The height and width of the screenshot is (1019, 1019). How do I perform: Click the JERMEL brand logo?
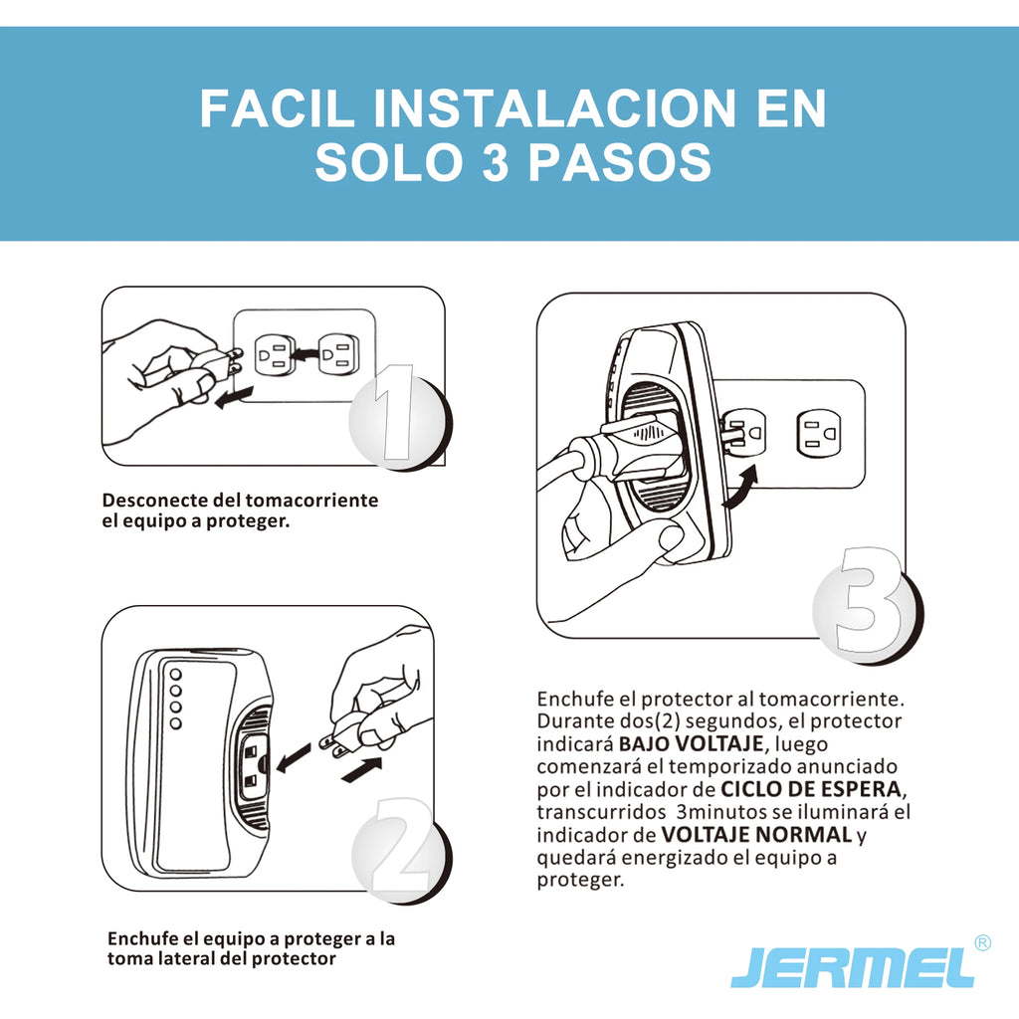click(x=853, y=968)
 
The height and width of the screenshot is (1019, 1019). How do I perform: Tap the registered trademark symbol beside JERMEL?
click(x=982, y=942)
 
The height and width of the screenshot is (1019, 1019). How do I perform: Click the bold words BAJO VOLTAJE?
click(x=691, y=743)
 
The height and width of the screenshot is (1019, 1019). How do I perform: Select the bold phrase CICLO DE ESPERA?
click(x=811, y=789)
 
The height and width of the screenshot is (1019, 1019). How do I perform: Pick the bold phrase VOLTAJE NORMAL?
click(x=756, y=834)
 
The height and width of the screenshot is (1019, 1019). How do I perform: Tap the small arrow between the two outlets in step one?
click(x=306, y=354)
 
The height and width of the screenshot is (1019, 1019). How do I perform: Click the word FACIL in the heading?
click(x=278, y=108)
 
